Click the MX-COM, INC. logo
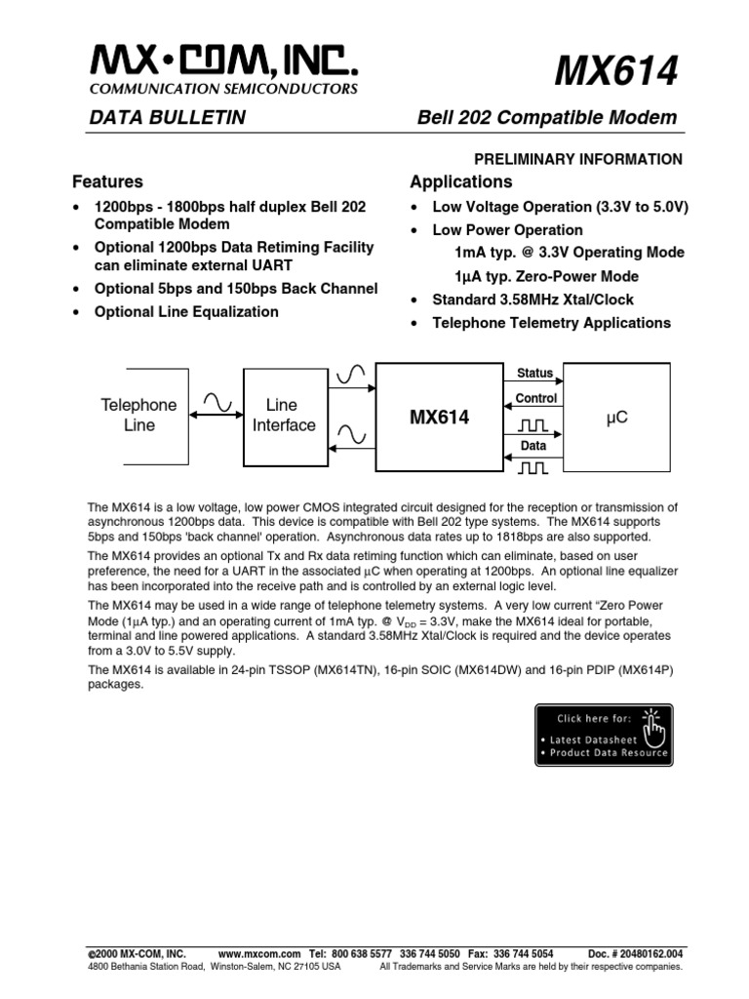[x=224, y=66]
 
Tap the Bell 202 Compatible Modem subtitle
[x=546, y=118]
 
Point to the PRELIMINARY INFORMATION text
[x=577, y=159]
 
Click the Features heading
[x=107, y=181]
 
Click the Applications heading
[x=460, y=181]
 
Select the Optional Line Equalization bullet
[x=186, y=312]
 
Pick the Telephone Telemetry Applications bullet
[x=551, y=323]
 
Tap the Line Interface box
[x=284, y=415]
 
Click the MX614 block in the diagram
[x=439, y=418]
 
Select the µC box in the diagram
[x=616, y=417]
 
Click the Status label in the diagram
[x=534, y=374]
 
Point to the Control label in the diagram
[x=535, y=398]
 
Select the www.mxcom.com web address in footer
[x=258, y=952]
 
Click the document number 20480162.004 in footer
[x=644, y=952]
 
